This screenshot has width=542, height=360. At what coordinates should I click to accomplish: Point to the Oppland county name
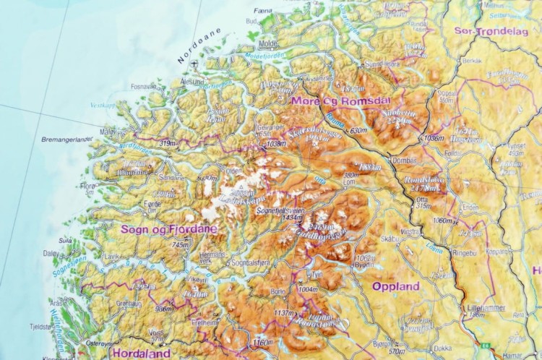[x=395, y=286]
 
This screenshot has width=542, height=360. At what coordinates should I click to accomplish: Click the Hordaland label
[x=141, y=353]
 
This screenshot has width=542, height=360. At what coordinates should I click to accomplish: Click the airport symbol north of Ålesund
[x=193, y=64]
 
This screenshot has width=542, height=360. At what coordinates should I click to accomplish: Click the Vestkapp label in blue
[x=103, y=105]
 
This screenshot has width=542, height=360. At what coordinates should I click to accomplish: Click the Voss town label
[x=156, y=333]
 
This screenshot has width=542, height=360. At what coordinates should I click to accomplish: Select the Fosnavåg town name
[x=143, y=86]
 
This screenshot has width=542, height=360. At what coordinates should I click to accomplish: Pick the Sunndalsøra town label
[x=382, y=64]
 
